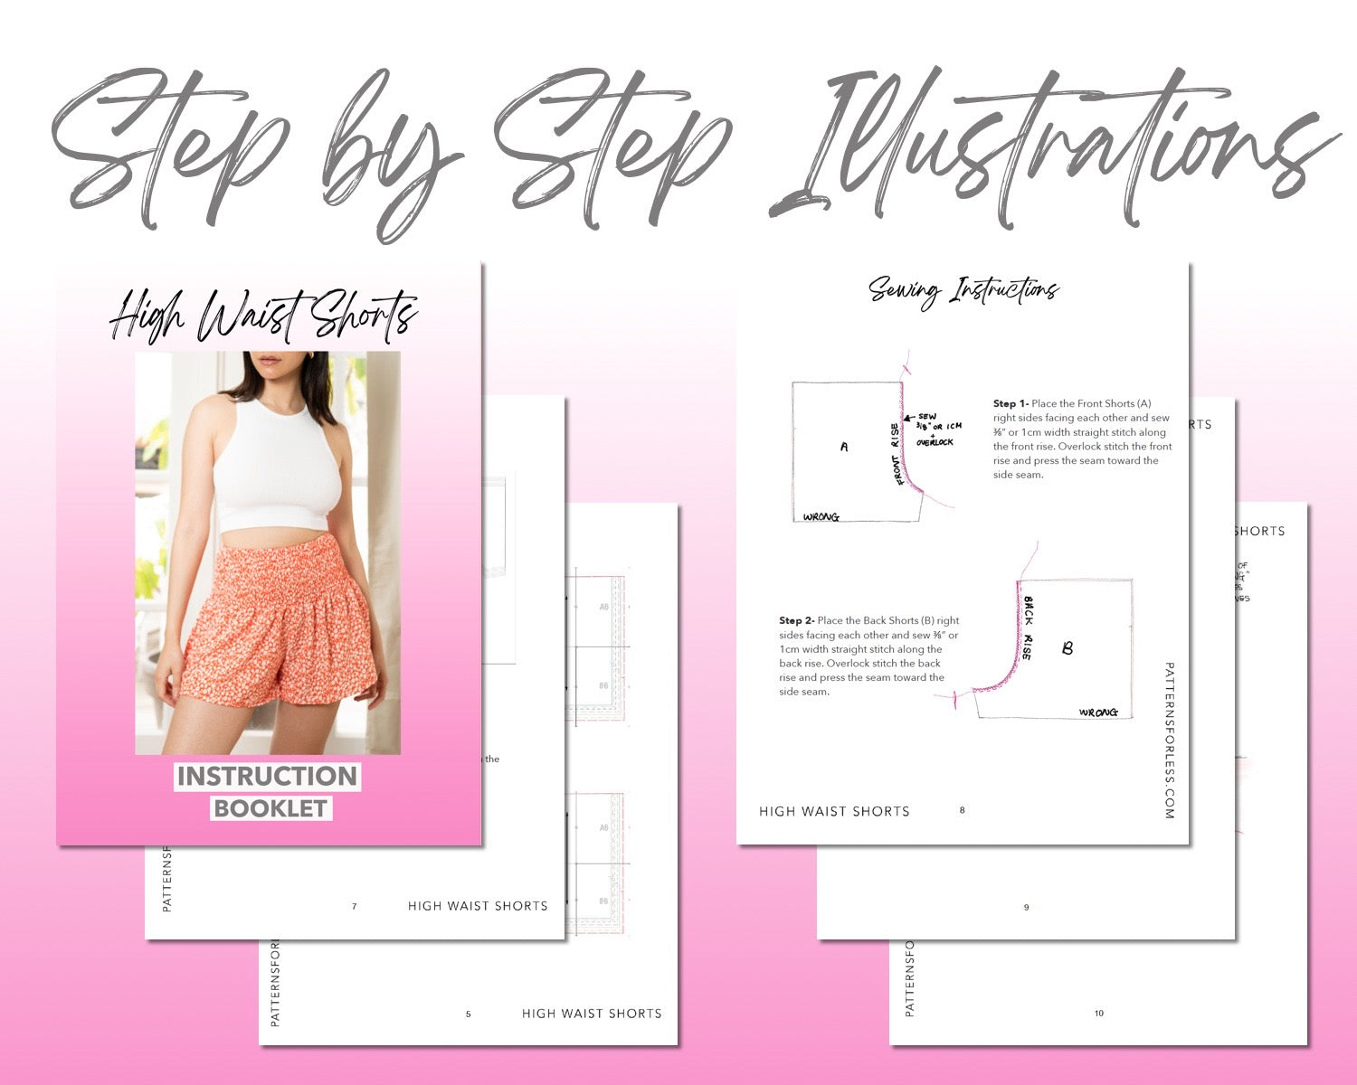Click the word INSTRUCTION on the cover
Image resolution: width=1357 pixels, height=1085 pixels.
(x=267, y=777)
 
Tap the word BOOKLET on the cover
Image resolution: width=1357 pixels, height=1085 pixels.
(x=270, y=808)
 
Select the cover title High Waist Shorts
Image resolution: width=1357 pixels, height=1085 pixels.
(x=263, y=317)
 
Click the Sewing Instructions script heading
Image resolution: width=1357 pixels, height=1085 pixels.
(x=963, y=291)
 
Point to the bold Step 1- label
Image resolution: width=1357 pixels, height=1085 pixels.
(x=1011, y=404)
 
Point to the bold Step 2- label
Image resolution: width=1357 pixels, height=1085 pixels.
(x=796, y=621)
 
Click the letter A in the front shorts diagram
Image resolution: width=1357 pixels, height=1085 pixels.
(x=844, y=447)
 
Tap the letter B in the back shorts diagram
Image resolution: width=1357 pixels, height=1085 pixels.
(x=1068, y=648)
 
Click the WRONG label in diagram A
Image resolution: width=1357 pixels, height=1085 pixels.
(x=821, y=517)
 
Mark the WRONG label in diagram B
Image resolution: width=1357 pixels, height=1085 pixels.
(x=1098, y=713)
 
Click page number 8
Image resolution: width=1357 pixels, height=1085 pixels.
(x=962, y=810)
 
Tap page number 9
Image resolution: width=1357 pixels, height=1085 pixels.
(x=1026, y=907)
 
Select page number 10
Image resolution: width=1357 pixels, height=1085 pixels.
(x=1099, y=1014)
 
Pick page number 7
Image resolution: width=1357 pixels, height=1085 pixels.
(x=354, y=906)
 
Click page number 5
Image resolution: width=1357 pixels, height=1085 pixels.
(x=468, y=1014)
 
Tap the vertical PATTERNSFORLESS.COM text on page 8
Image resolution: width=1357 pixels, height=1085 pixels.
(x=1169, y=741)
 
